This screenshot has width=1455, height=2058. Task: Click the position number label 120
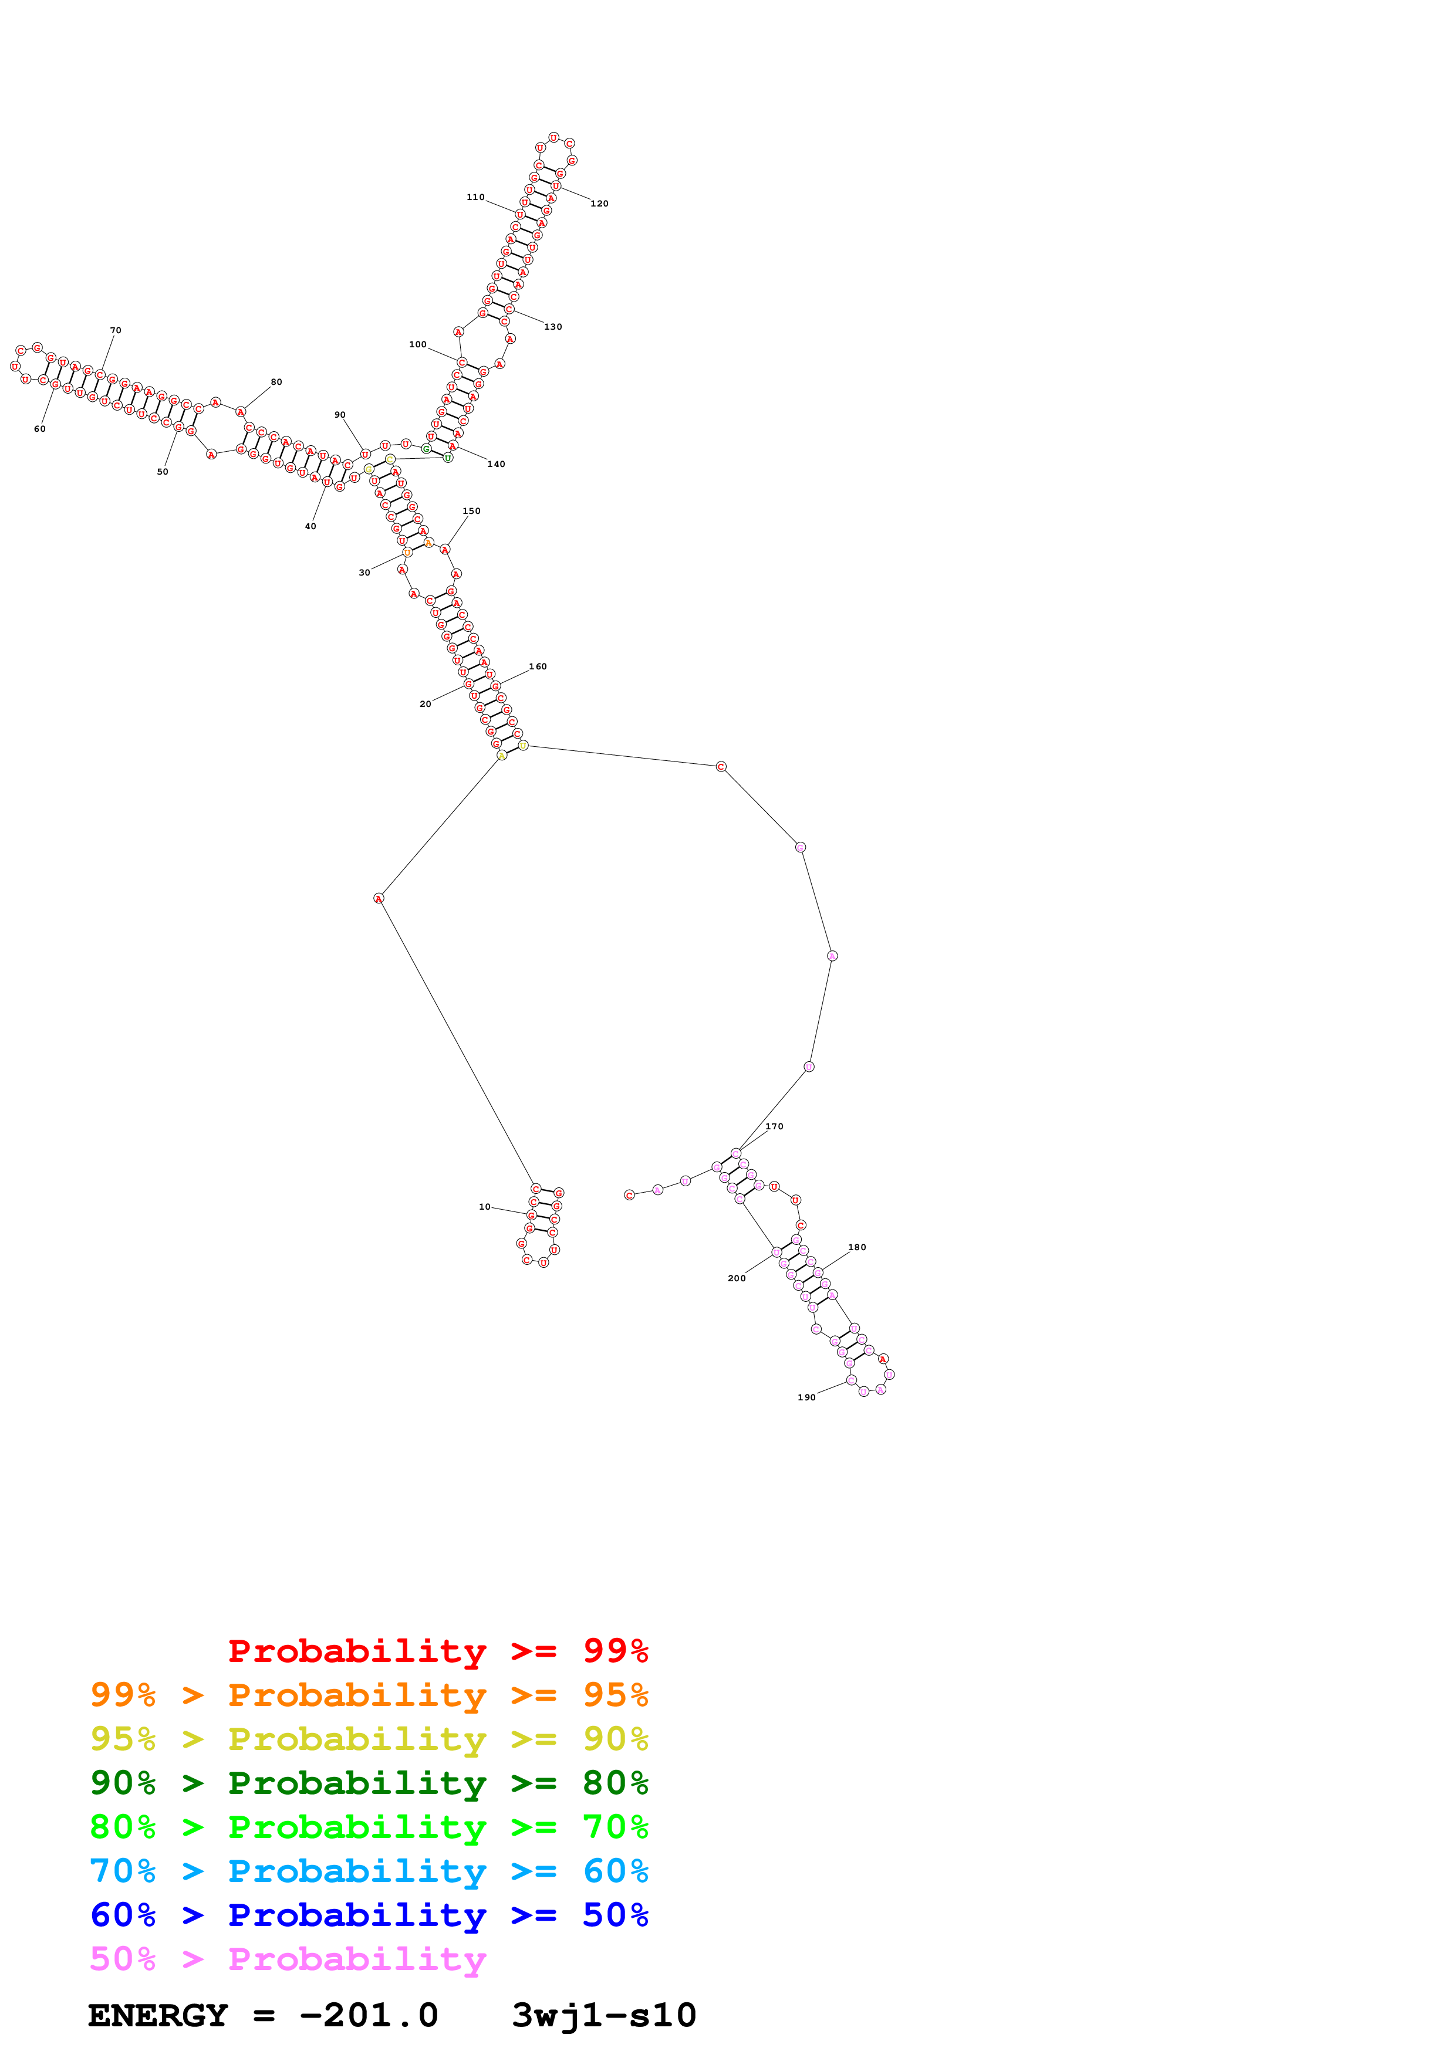click(599, 204)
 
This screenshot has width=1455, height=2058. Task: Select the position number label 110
click(475, 197)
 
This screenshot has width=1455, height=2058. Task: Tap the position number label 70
click(116, 330)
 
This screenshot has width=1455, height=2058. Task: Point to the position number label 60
click(39, 428)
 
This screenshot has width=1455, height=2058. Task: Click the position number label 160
click(537, 666)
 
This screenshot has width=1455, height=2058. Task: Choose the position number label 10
click(484, 1207)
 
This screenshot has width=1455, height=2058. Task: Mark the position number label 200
click(736, 1278)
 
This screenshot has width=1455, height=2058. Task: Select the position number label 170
click(774, 1126)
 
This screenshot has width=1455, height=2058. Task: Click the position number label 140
click(496, 463)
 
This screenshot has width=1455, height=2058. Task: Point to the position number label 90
click(340, 415)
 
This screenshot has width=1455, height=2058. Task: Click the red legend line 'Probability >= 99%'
click(437, 1650)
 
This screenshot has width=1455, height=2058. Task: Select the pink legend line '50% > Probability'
click(288, 1958)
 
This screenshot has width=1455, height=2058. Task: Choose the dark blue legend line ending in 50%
click(369, 1915)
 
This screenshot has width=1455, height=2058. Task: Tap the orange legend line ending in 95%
click(369, 1694)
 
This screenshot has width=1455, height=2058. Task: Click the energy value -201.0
click(369, 2015)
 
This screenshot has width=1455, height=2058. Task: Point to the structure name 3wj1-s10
click(603, 2015)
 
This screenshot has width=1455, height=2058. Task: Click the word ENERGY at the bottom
click(158, 2015)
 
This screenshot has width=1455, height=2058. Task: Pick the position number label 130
click(552, 326)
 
